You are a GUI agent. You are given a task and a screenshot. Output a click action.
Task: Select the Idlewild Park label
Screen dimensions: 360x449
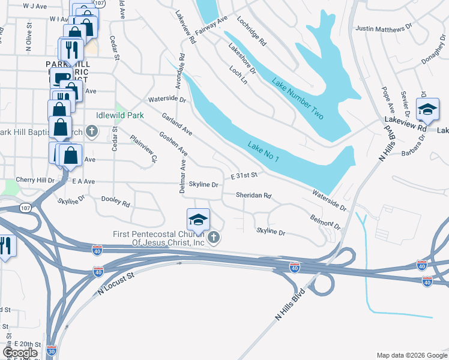pos(120,115)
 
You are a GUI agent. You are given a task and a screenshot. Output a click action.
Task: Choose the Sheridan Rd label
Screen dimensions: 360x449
pos(254,196)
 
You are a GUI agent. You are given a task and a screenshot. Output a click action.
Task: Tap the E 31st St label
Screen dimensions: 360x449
pos(244,175)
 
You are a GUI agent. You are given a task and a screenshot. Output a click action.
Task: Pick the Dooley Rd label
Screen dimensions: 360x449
pos(115,202)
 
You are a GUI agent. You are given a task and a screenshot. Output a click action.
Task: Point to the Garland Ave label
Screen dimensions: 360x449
pos(176,123)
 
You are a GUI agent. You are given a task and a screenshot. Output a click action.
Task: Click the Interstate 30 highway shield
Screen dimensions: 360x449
pos(52,349)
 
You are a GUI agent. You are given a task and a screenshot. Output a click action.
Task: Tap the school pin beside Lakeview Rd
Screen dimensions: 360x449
pos(427,109)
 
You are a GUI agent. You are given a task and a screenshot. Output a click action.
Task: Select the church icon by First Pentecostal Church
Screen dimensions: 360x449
pos(212,239)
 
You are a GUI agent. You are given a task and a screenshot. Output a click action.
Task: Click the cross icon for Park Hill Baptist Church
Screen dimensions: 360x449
pos(92,131)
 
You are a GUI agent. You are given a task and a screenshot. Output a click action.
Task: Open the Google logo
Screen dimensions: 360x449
pos(20,353)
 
